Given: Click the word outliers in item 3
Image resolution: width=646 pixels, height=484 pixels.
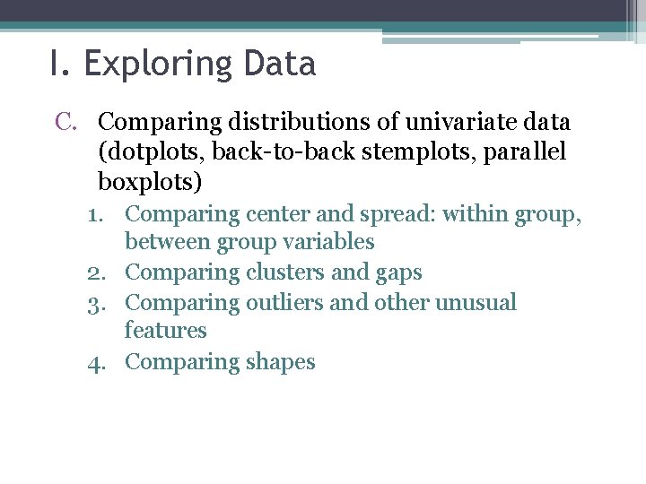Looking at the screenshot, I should [284, 303].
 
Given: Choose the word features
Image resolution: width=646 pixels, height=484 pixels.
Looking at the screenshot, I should [165, 331].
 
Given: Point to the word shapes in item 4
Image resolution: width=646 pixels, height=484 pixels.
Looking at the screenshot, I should [282, 363].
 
